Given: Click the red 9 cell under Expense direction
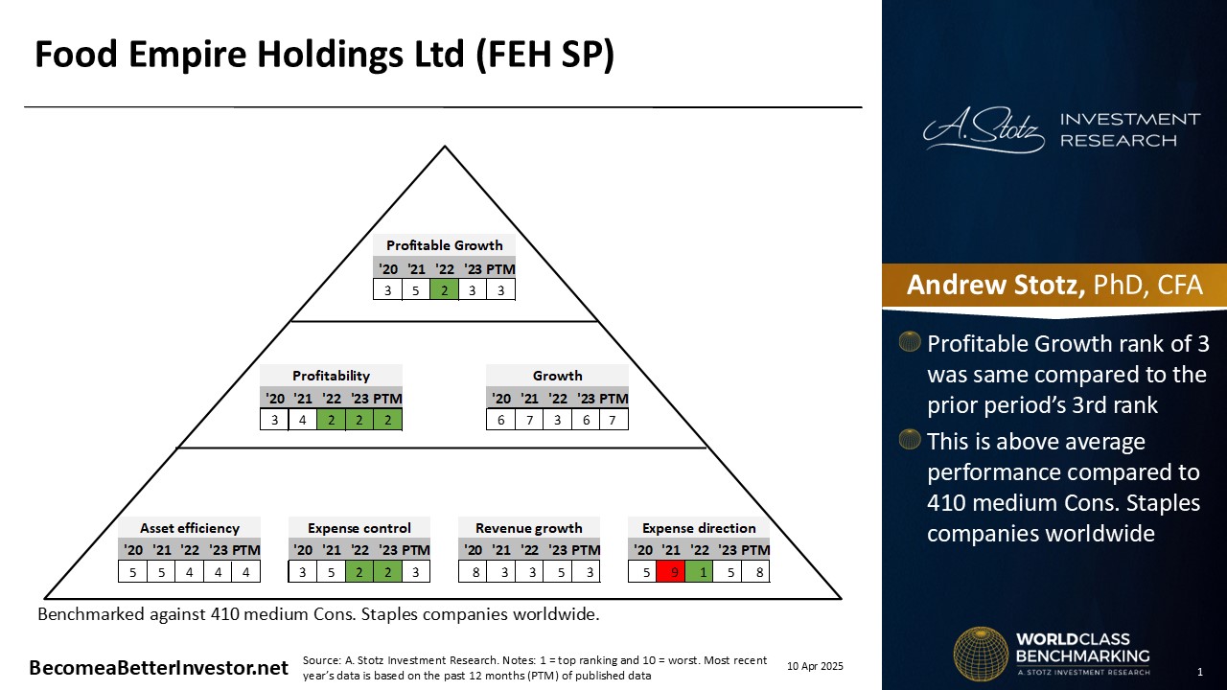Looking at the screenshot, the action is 670,572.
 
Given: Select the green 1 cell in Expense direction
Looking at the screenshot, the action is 699,572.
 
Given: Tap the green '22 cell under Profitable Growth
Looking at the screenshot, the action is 444,289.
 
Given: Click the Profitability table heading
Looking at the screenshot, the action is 331,376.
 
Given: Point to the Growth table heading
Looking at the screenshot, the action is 557,376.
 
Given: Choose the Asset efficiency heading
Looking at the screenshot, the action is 190,528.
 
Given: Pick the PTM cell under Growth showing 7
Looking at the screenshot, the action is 613,420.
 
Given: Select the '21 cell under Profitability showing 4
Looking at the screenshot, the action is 302,420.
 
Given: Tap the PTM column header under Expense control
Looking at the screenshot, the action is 416,550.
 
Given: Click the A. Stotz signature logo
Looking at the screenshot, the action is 984,129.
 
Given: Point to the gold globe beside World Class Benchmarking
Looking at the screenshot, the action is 981,654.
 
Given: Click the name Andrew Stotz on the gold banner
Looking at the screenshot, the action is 996,285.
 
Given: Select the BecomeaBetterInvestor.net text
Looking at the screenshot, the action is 159,668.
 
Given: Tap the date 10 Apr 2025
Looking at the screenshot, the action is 815,666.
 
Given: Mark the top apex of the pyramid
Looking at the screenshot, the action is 445,146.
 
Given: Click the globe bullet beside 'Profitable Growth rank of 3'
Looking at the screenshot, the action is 910,342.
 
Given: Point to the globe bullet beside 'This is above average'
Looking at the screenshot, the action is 910,439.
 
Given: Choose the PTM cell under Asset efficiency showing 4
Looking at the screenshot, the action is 246,572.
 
